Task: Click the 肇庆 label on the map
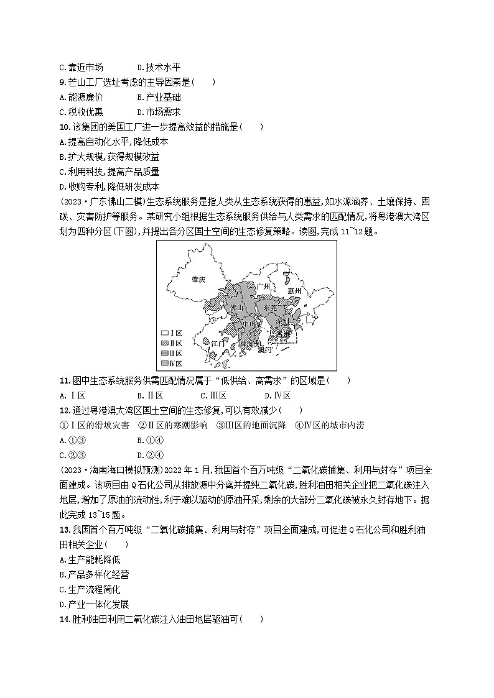click(198, 280)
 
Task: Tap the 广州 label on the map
click(266, 287)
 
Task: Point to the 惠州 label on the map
click(294, 291)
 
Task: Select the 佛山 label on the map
click(237, 308)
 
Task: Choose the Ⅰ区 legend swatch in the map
click(165, 333)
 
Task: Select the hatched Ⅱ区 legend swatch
click(165, 343)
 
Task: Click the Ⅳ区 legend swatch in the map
click(165, 363)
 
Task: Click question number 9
click(63, 82)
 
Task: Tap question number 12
click(64, 410)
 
